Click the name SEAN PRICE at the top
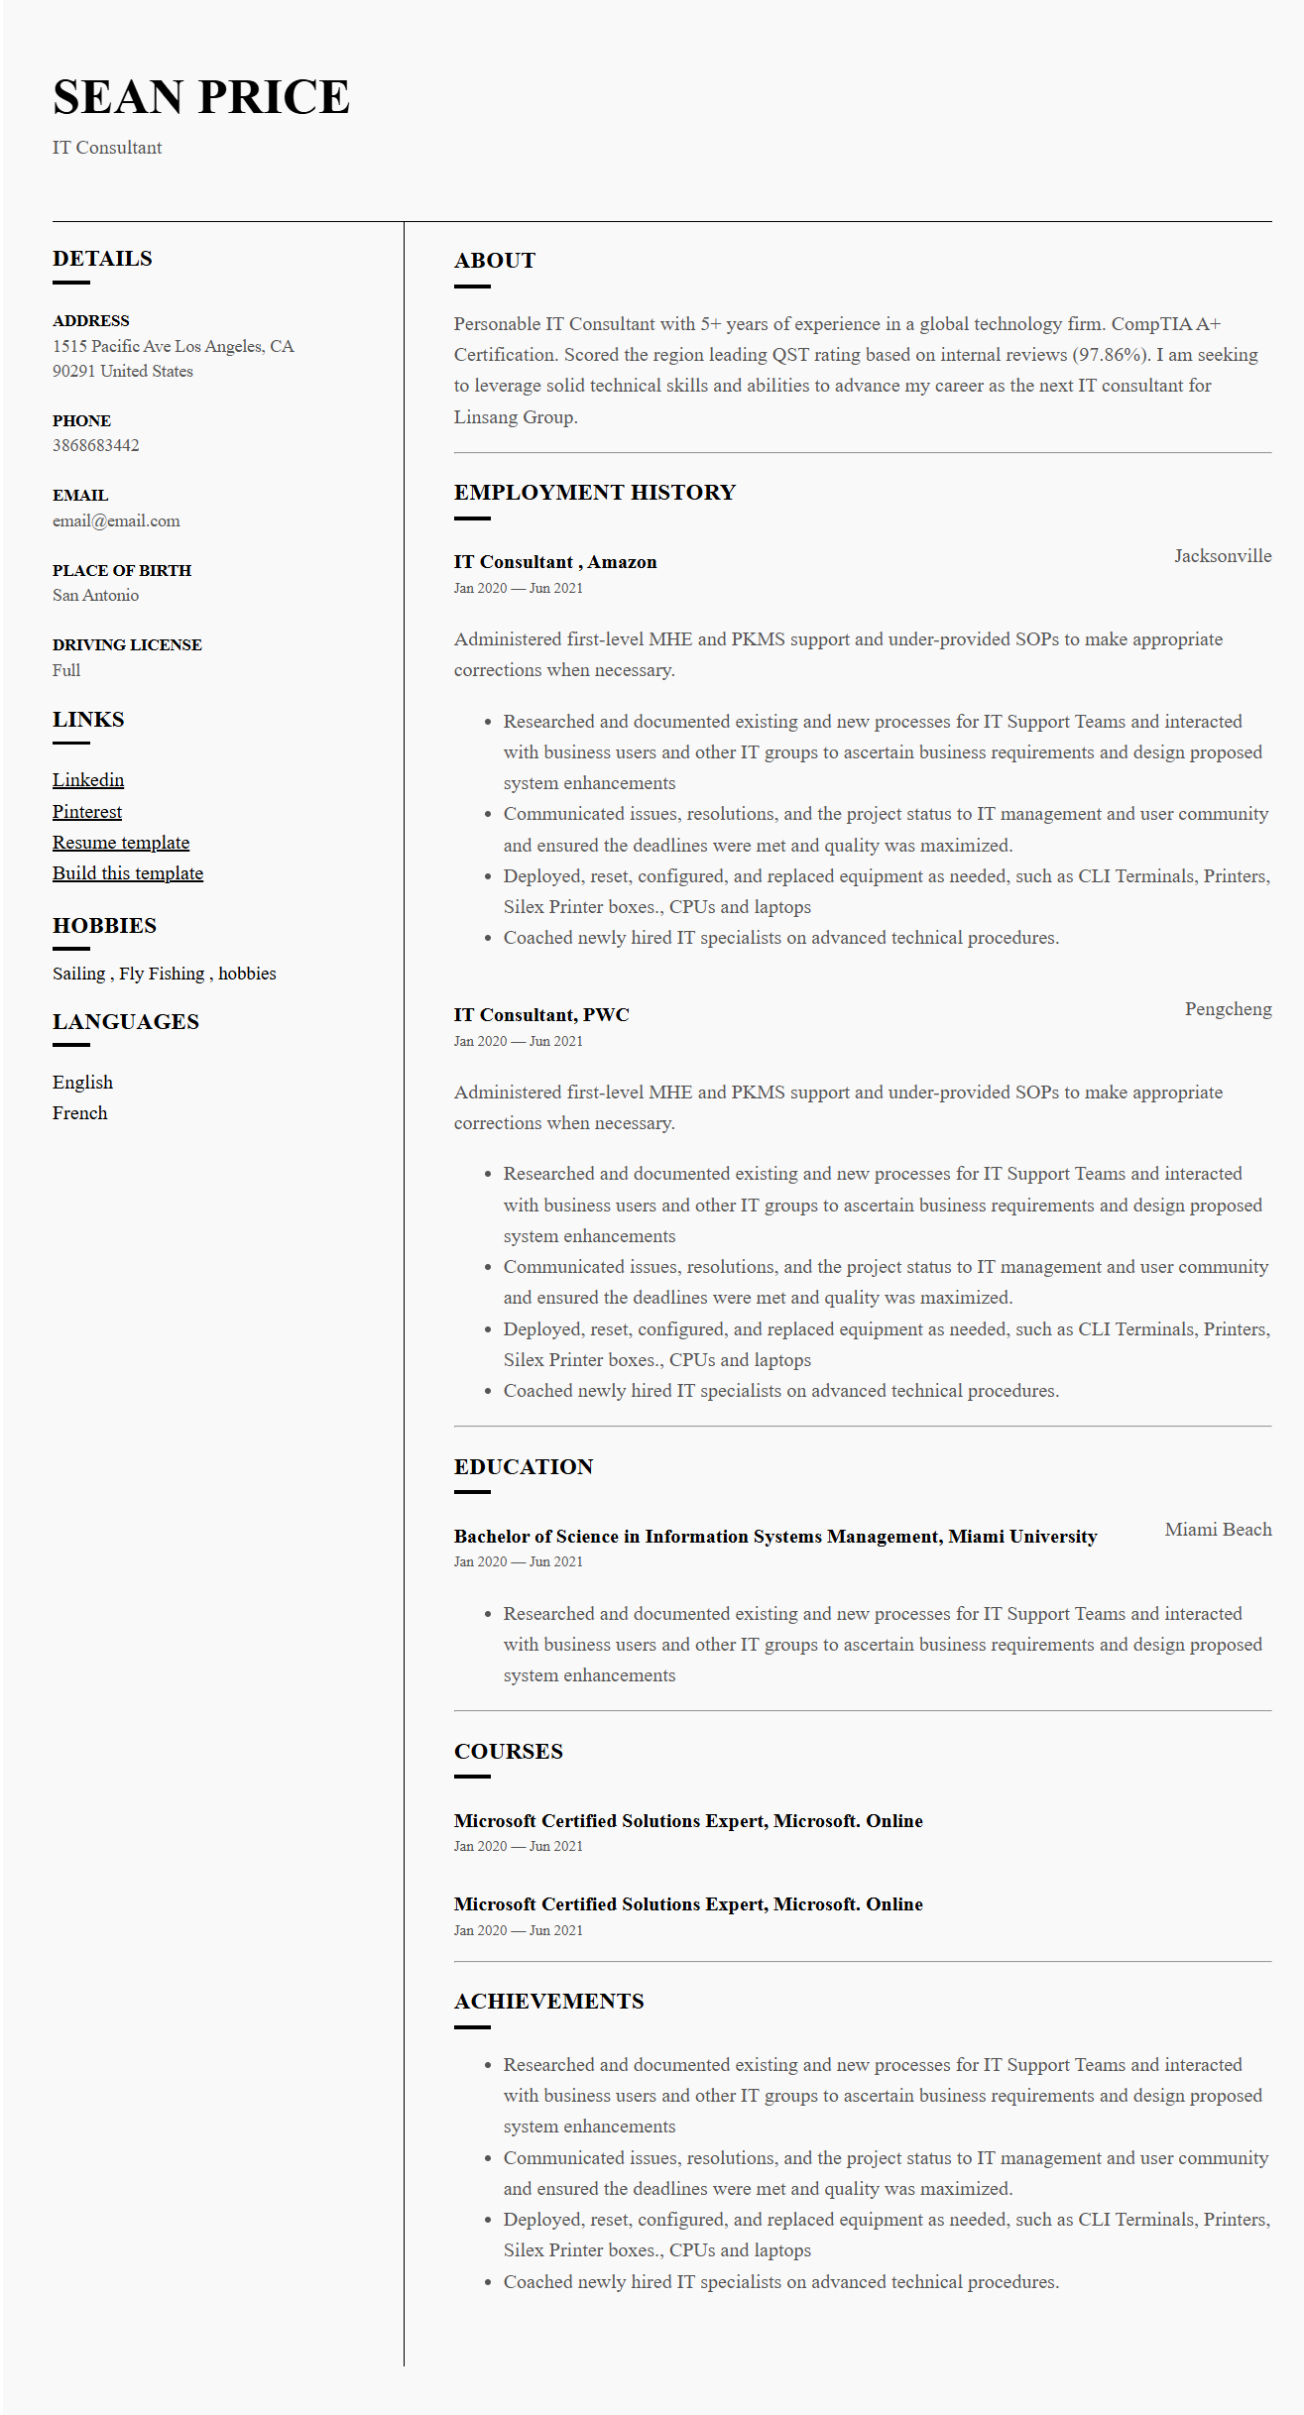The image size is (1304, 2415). tap(201, 97)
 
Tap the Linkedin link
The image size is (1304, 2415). tap(88, 780)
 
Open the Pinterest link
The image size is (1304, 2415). tap(87, 812)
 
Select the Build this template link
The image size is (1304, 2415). tap(128, 873)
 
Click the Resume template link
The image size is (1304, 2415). tap(121, 843)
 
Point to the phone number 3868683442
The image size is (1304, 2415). tap(96, 446)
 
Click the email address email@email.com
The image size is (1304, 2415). tap(116, 521)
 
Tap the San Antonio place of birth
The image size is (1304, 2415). tap(95, 596)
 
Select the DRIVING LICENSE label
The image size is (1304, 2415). tap(127, 645)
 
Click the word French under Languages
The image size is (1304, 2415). tap(80, 1113)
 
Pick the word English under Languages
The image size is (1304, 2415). tap(82, 1083)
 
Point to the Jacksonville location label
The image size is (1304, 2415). tap(1223, 556)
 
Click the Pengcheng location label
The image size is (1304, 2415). tap(1228, 1009)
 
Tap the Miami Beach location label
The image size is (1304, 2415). tap(1218, 1530)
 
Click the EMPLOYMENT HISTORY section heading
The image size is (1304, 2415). tap(595, 493)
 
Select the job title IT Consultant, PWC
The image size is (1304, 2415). tap(541, 1015)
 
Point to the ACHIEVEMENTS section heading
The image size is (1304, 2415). tap(549, 2002)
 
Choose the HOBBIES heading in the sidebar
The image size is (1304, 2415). tap(104, 926)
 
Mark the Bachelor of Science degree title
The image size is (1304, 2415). tap(775, 1537)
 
